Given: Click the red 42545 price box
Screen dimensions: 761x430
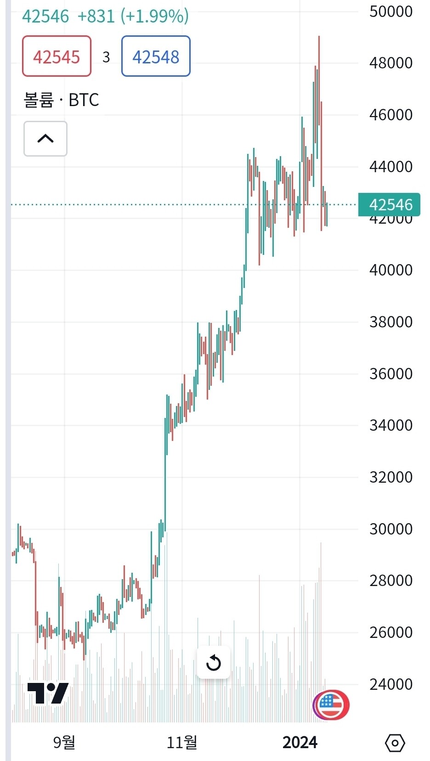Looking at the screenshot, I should tap(57, 56).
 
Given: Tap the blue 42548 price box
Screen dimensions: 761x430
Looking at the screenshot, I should tap(156, 56).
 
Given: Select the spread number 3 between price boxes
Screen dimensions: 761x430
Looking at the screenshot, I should tap(106, 57).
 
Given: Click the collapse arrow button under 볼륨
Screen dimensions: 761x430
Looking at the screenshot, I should tap(45, 139).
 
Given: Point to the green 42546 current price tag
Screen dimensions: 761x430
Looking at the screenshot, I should tap(390, 204).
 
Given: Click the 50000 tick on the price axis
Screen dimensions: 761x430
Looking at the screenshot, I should tap(391, 11).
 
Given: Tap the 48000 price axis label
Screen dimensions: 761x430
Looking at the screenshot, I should tap(391, 63).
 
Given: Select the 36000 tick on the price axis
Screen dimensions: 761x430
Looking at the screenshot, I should tap(391, 374).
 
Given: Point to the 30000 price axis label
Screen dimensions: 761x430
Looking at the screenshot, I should tap(391, 529).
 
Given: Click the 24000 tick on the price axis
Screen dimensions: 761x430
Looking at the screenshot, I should tap(391, 684).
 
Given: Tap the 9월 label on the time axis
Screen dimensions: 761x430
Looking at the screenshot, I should tap(64, 742).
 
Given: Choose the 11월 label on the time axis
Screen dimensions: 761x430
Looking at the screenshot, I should tap(182, 742).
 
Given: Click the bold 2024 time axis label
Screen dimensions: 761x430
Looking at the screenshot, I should tap(300, 742).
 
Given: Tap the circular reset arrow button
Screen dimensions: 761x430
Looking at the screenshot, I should tap(214, 663).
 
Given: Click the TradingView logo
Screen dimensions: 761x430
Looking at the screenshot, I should tap(48, 693).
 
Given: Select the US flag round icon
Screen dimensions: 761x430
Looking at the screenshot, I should tap(331, 704).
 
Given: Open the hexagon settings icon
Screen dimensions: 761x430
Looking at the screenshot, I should tap(395, 743).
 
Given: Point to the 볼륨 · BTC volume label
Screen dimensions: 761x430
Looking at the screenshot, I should tap(61, 100).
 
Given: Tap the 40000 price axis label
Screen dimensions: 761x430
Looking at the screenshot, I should tap(391, 270).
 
